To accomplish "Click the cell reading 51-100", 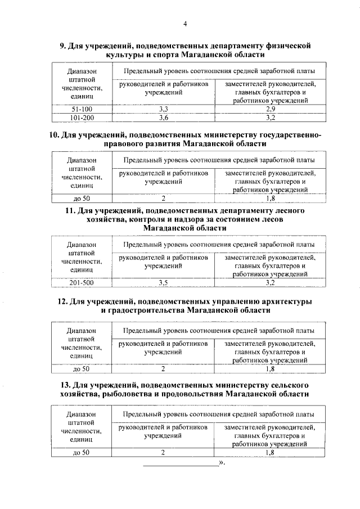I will [x=82, y=108].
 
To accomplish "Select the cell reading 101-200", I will [x=82, y=118].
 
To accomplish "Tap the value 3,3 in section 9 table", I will [x=164, y=108].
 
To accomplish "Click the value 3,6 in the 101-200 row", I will [x=164, y=118].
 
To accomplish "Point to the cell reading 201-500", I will [x=82, y=282].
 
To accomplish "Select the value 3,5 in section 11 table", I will [x=164, y=282].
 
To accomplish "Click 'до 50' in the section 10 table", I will [x=82, y=198].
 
